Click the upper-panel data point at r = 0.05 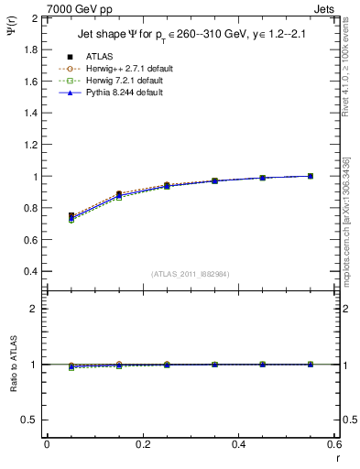pos(71,216)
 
